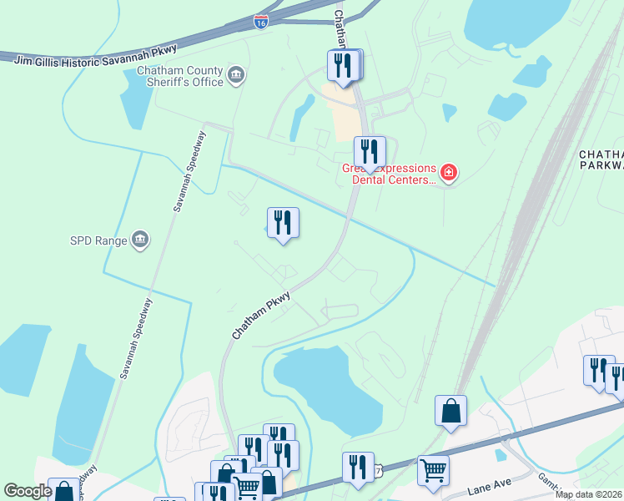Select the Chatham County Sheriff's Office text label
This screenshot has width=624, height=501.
pyautogui.click(x=181, y=77)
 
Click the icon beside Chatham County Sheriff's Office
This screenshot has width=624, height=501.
pyautogui.click(x=236, y=76)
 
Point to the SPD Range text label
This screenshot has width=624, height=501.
pyautogui.click(x=98, y=241)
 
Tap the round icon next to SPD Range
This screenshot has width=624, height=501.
pyautogui.click(x=140, y=240)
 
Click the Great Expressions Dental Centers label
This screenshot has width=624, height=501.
pyautogui.click(x=390, y=173)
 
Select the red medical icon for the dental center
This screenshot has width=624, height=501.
pyautogui.click(x=449, y=173)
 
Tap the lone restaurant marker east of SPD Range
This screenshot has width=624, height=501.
pyautogui.click(x=283, y=223)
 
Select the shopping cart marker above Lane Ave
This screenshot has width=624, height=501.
pyautogui.click(x=433, y=472)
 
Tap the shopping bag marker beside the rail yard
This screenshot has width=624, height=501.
pyautogui.click(x=450, y=412)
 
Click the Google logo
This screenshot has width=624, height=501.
pyautogui.click(x=28, y=491)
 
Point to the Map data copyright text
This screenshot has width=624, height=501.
pyautogui.click(x=589, y=494)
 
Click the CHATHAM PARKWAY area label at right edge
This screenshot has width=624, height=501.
pyautogui.click(x=601, y=159)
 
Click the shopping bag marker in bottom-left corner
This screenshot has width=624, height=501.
pyautogui.click(x=63, y=491)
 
